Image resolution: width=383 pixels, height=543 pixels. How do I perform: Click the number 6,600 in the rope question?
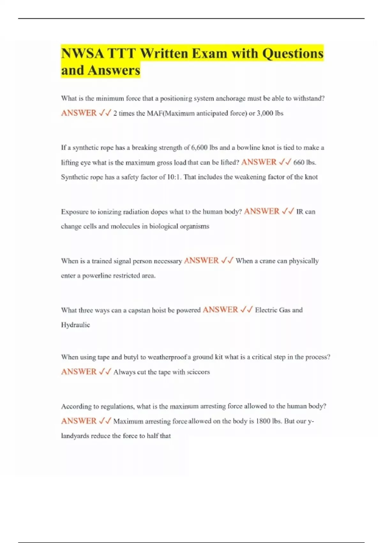point(200,148)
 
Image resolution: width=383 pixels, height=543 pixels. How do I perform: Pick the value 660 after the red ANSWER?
point(299,162)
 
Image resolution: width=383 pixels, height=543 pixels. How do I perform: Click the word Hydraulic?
point(75,325)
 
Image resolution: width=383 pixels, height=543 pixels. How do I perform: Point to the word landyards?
point(75,436)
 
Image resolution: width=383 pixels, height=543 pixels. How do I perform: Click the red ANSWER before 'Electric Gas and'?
point(220,310)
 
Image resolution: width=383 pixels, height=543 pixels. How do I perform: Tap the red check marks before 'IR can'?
point(288,211)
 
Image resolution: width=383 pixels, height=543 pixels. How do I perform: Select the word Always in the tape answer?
point(124,372)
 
